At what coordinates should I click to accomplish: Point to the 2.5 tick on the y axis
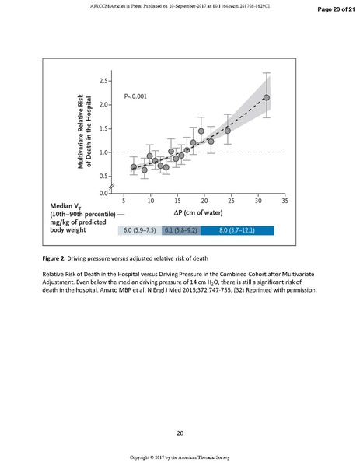tap(103, 80)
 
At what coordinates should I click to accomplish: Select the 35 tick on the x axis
tap(285, 200)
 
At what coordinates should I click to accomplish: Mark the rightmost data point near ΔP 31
tap(266, 98)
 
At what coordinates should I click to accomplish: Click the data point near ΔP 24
tap(228, 131)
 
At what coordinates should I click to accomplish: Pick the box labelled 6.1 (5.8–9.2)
tap(181, 230)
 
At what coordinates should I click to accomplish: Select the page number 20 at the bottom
tap(180, 433)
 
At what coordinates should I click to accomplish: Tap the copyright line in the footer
tap(180, 457)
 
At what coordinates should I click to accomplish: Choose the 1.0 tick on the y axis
tap(103, 152)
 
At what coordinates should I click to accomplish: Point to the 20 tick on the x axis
tap(204, 200)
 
